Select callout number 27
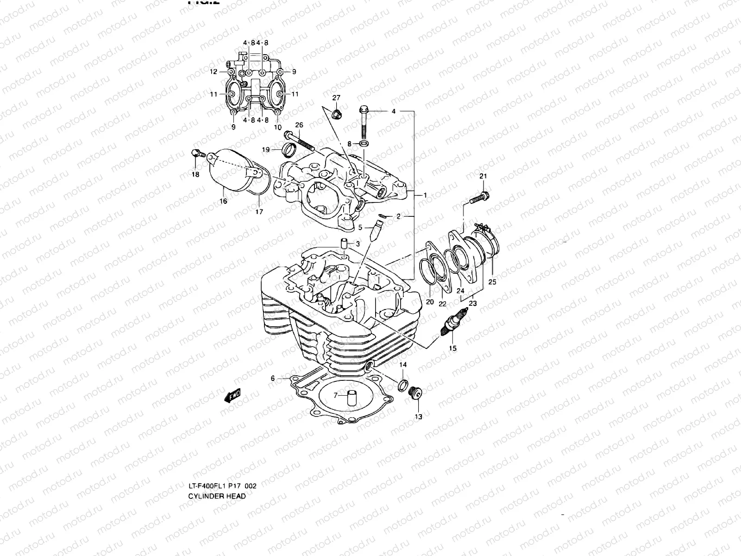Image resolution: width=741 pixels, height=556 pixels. pyautogui.click(x=336, y=97)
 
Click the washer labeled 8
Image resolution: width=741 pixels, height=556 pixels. pyautogui.click(x=364, y=145)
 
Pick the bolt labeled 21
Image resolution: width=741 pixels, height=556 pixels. pyautogui.click(x=478, y=197)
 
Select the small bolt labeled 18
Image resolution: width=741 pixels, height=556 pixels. pyautogui.click(x=195, y=153)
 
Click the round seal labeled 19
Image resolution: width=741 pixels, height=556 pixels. pyautogui.click(x=290, y=150)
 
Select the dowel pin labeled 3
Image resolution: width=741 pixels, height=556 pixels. pyautogui.click(x=344, y=244)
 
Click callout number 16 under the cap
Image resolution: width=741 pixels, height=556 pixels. pyautogui.click(x=224, y=201)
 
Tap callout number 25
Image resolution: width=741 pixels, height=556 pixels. pyautogui.click(x=492, y=282)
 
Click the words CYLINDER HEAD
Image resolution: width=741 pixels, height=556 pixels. pyautogui.click(x=217, y=496)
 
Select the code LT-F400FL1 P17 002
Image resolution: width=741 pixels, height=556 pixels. pyautogui.click(x=222, y=486)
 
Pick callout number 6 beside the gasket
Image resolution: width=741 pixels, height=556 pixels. pyautogui.click(x=273, y=379)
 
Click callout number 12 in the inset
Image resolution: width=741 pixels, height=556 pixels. pyautogui.click(x=213, y=72)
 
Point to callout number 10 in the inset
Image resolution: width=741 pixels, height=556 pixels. pyautogui.click(x=278, y=126)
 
